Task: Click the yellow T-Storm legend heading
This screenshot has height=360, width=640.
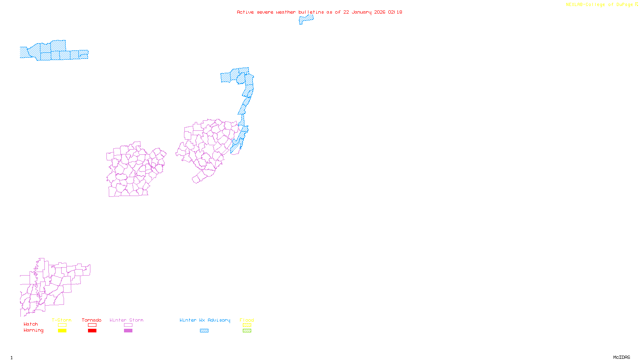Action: (x=62, y=320)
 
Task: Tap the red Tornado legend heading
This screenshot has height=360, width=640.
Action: (x=92, y=320)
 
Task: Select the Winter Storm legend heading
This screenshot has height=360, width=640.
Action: (x=126, y=320)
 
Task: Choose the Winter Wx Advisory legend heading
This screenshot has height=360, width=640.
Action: (x=205, y=320)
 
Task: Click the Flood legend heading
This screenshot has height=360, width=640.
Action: (x=247, y=320)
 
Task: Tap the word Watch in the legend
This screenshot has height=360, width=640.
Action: (x=31, y=324)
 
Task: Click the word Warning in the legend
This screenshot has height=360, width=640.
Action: (x=33, y=330)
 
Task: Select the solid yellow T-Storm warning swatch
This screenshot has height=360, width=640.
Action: (x=62, y=331)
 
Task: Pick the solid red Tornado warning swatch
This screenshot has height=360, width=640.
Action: (x=92, y=331)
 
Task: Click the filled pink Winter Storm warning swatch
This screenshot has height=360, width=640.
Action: (x=128, y=331)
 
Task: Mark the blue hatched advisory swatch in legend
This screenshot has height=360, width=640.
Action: (x=204, y=331)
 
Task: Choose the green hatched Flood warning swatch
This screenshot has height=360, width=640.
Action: (x=247, y=331)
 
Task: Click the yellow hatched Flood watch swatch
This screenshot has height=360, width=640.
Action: (x=247, y=325)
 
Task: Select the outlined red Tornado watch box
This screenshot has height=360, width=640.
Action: (x=92, y=325)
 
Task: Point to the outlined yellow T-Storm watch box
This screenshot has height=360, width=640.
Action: (x=62, y=325)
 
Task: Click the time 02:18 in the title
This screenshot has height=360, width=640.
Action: (x=395, y=12)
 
